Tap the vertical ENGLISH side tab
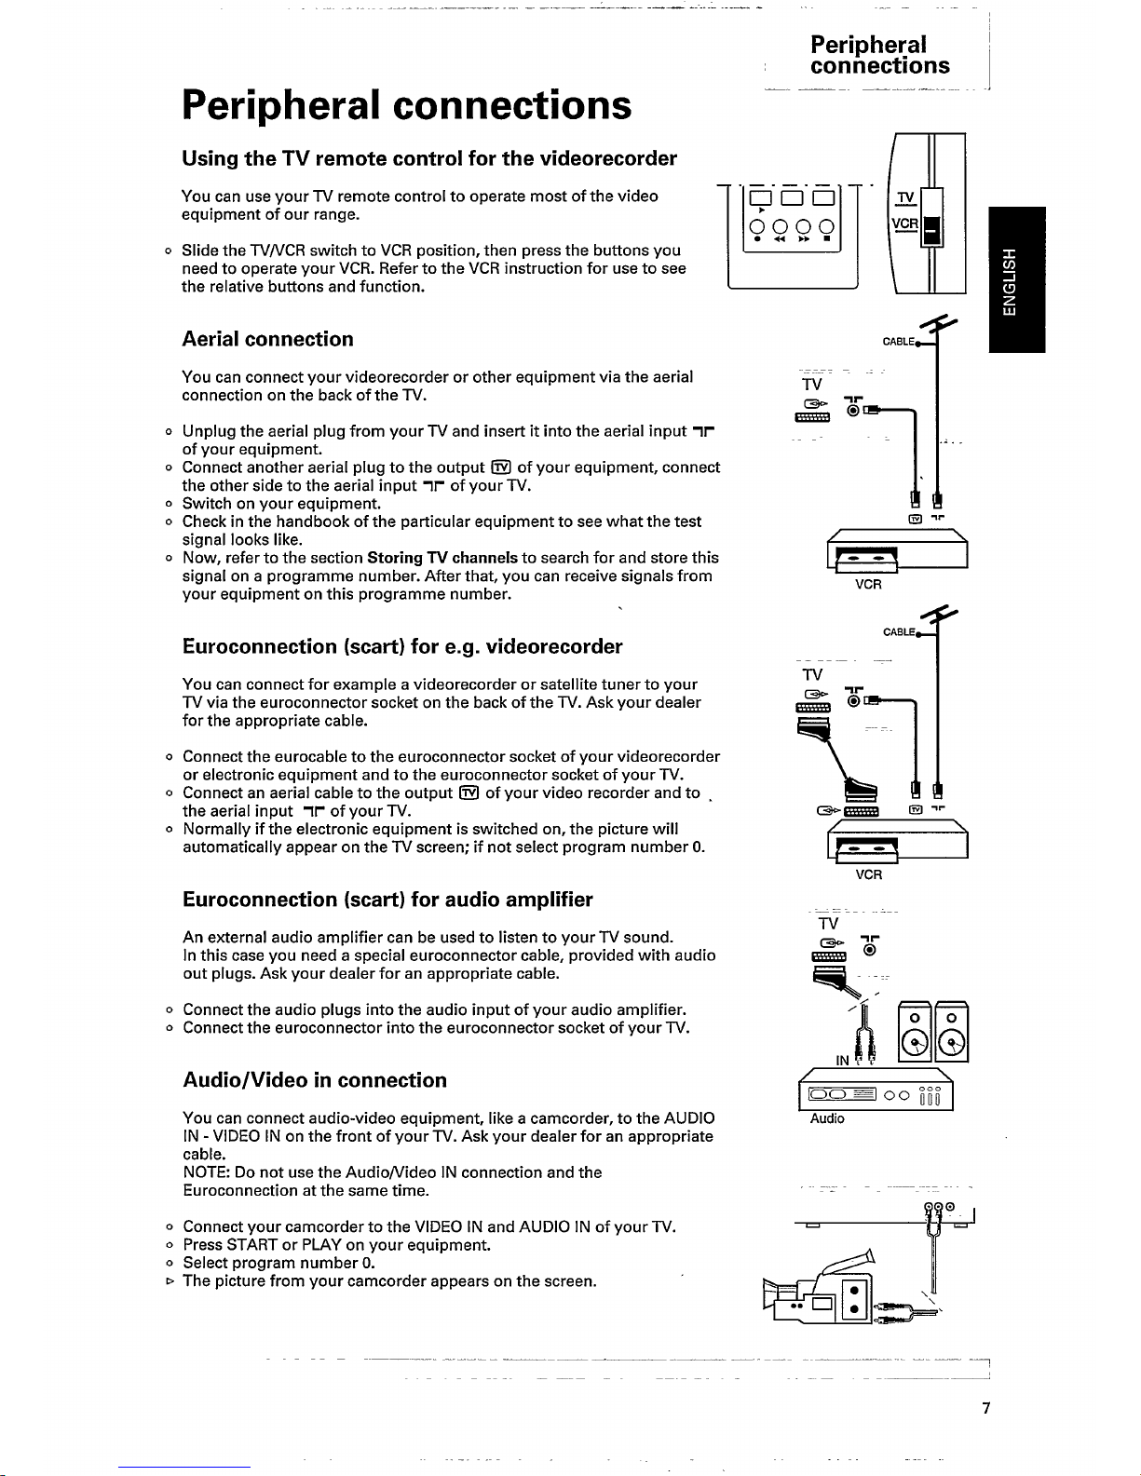coord(1017,280)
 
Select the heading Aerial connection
coord(267,339)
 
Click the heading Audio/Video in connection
coord(315,1080)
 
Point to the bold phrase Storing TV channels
coord(442,558)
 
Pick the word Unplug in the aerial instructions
coord(209,431)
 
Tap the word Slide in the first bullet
coord(200,251)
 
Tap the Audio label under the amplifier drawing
coord(827,1118)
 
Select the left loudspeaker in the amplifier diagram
coord(917,1030)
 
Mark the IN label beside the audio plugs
coord(842,1061)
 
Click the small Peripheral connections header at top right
coord(879,55)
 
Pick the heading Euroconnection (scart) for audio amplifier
coord(387,900)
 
